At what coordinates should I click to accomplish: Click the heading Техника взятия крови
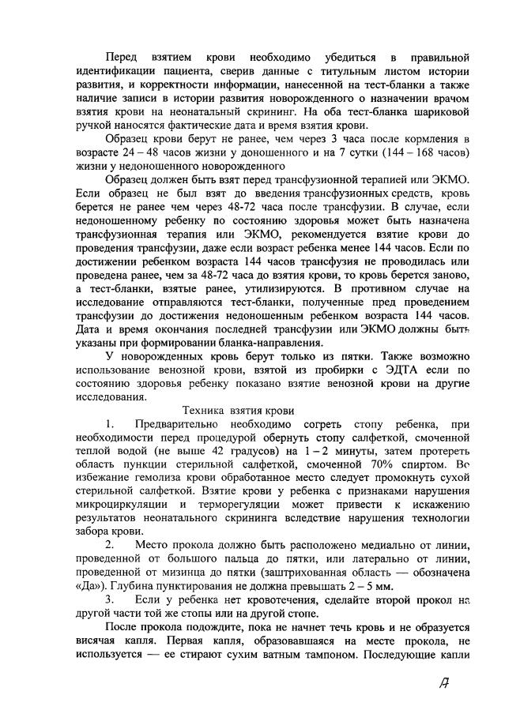pyautogui.click(x=239, y=411)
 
